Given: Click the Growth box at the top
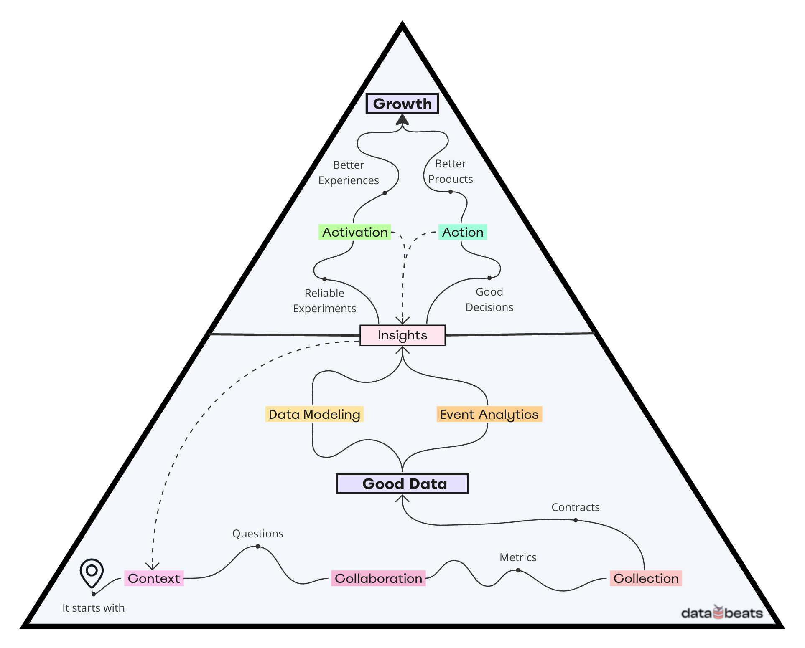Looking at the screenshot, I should point(402,104).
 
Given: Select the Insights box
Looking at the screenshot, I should point(402,335).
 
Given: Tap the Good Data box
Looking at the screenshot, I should point(402,483).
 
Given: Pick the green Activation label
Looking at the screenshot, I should point(355,232).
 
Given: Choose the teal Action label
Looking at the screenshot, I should point(462,232).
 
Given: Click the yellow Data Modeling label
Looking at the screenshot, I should point(314,414).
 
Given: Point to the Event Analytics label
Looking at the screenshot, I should point(489,414).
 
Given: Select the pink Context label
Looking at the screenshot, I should point(154,578).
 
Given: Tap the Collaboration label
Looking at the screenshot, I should point(378,578).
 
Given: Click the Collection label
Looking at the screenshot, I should point(646,578).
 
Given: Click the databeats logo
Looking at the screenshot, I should point(722,613).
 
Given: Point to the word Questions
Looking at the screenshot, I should point(257,534).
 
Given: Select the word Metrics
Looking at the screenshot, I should point(518,557).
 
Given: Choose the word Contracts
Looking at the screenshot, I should point(575,507).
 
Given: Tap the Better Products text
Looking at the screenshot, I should point(450,171).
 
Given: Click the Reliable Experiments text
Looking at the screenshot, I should point(324,301).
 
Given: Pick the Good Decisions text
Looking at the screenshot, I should point(489,299).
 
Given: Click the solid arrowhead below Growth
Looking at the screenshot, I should point(402,120).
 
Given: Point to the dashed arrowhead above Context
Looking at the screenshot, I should point(153,566).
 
